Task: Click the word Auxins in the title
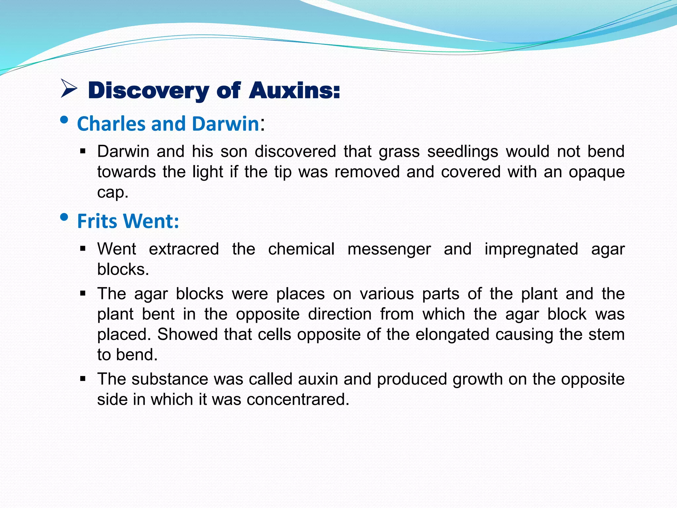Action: (294, 90)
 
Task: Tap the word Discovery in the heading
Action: (148, 91)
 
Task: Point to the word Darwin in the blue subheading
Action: (225, 124)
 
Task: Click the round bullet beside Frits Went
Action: (64, 217)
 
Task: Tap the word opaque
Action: (596, 172)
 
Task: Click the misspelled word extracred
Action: (184, 249)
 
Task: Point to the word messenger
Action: (389, 249)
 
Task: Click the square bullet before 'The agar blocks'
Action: (83, 293)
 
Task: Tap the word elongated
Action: (452, 335)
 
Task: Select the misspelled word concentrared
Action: (298, 400)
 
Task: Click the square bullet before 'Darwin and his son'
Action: (83, 152)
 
